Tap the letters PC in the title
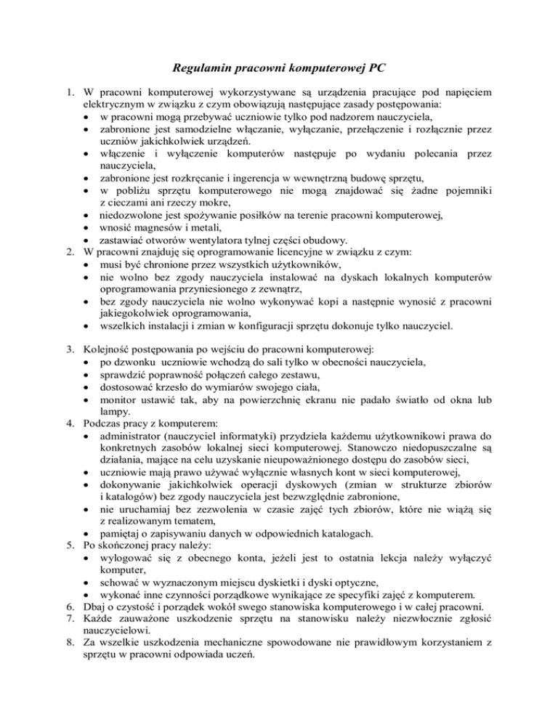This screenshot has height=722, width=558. click(x=373, y=70)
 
